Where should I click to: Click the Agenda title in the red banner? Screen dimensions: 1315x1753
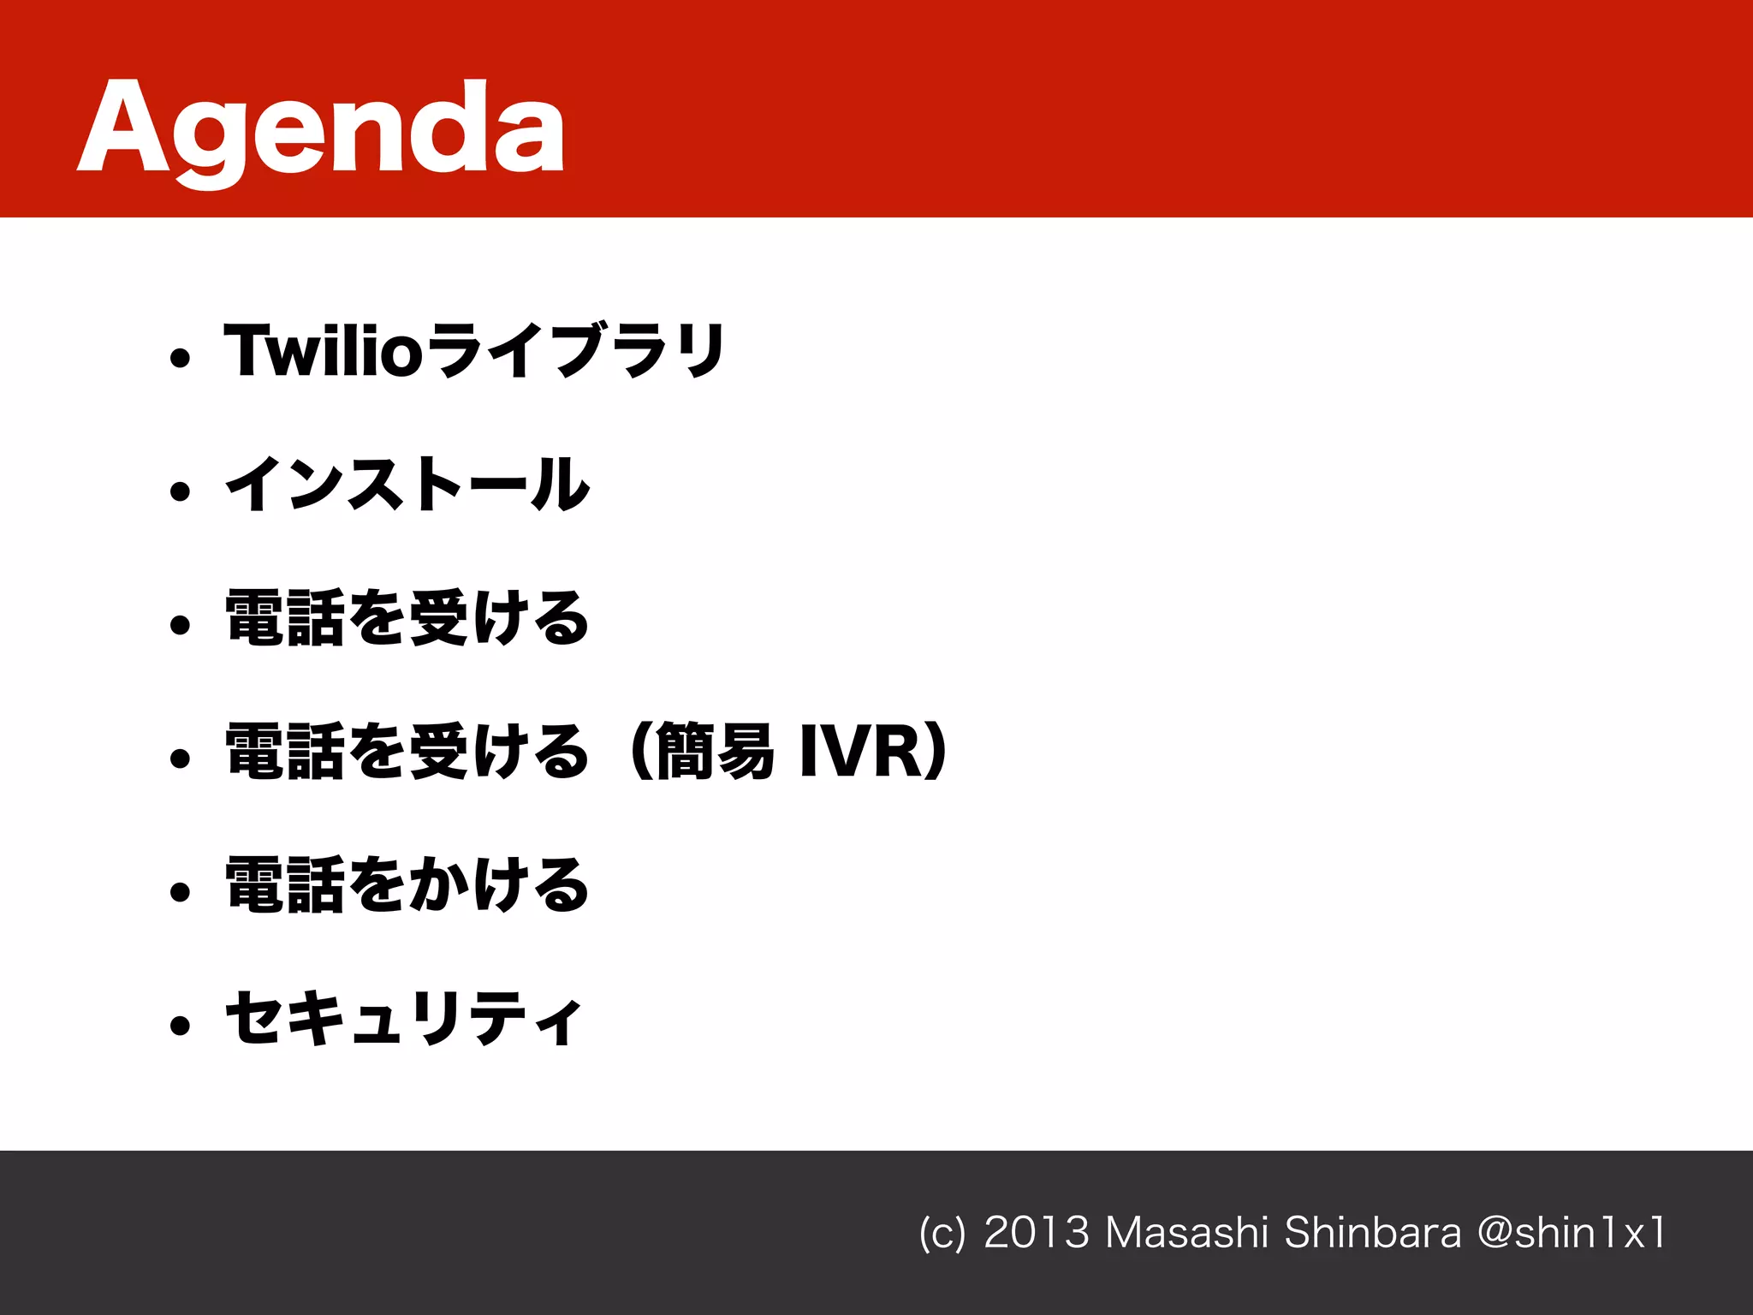321,128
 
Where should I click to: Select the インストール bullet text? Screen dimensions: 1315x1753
407,485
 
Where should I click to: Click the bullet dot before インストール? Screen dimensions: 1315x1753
180,491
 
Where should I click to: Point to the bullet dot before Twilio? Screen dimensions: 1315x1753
180,358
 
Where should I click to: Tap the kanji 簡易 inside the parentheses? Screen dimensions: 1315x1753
716,753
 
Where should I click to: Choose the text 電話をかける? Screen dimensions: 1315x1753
407,885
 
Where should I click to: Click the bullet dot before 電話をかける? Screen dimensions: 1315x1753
180,892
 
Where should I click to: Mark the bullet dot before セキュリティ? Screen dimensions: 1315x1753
180,1026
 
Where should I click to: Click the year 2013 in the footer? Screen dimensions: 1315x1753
1036,1233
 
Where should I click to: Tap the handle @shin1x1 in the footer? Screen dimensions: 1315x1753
1572,1233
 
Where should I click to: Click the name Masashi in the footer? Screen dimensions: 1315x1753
1186,1233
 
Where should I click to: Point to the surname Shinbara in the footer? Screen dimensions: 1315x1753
1372,1233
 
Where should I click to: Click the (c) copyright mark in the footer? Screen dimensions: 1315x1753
942,1234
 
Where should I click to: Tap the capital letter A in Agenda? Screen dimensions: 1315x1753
125,128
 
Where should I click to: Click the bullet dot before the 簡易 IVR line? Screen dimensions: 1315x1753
180,759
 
